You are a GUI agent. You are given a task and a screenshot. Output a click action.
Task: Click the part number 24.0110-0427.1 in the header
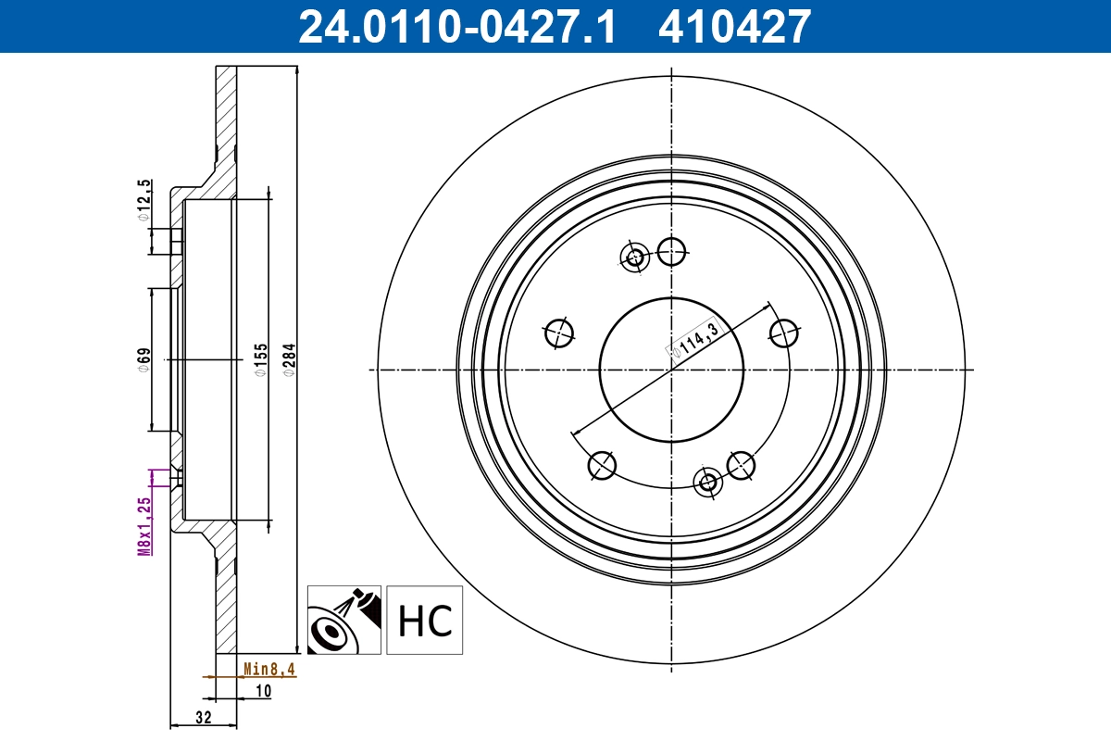pos(456,26)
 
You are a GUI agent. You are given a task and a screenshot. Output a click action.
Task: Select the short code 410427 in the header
pos(734,26)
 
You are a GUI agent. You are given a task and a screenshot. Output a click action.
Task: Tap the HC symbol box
pos(424,620)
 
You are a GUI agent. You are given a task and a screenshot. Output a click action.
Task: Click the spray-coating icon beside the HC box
pos(343,620)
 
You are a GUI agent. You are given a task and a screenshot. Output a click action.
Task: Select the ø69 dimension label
pos(144,359)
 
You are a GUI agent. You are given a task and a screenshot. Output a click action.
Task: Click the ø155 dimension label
pos(261,359)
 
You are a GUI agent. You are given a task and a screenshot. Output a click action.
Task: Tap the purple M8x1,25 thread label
pos(144,525)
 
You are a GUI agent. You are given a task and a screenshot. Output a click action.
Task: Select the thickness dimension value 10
pos(263,690)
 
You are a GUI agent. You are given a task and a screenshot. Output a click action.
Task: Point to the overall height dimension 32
pos(204,718)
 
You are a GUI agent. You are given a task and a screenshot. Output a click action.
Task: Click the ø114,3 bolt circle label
pos(699,337)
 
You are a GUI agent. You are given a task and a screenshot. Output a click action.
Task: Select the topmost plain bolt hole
pos(671,249)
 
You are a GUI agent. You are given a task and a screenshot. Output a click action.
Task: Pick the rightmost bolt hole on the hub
pos(784,333)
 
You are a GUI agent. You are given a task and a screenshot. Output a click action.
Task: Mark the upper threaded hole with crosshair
pos(635,257)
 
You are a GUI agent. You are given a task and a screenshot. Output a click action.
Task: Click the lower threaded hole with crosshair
pos(708,482)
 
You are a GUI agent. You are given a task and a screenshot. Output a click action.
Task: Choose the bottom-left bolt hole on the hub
pos(602,465)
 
